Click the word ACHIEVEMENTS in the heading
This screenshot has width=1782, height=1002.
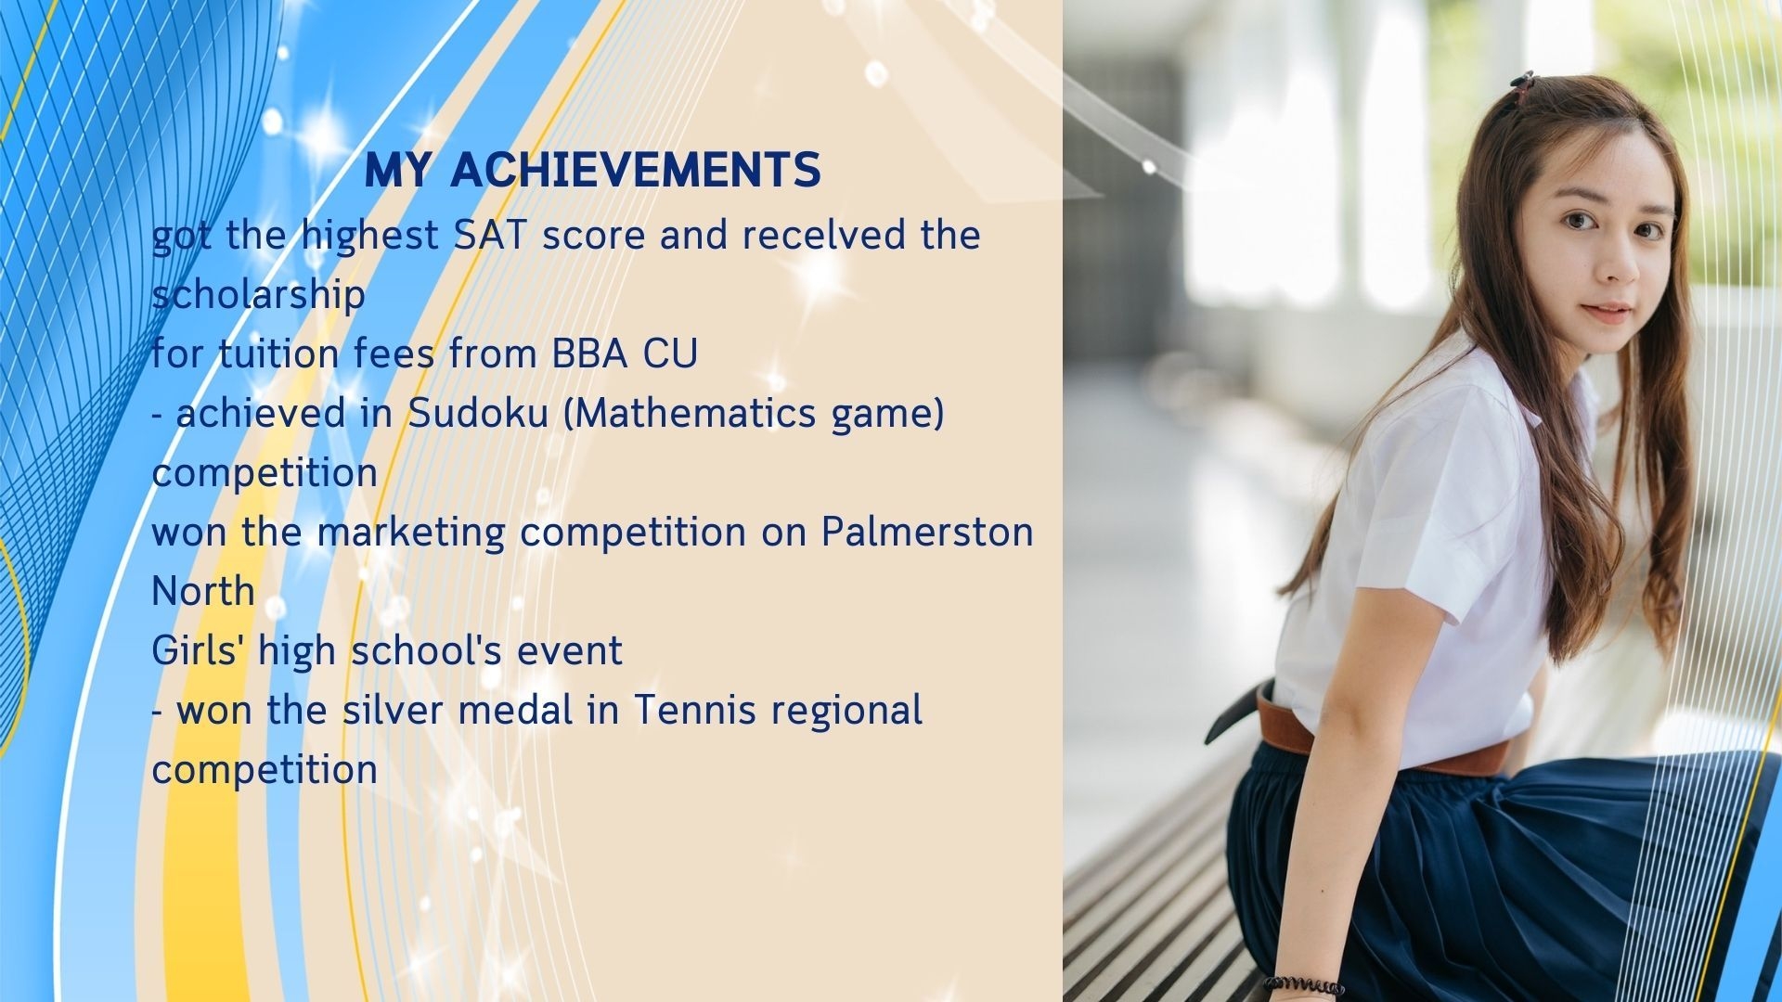[636, 170]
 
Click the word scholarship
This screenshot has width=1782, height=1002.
[258, 295]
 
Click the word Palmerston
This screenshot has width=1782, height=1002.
[927, 532]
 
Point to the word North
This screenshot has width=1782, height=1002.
[203, 591]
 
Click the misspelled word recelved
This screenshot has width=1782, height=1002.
[823, 235]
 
